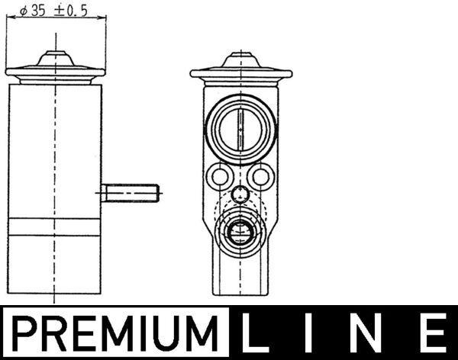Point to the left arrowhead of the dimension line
click(x=9, y=21)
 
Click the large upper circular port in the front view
click(x=240, y=125)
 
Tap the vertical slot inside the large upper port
click(x=240, y=125)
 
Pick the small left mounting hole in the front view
click(x=220, y=178)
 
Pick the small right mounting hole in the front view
click(x=262, y=178)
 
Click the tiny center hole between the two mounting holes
click(x=240, y=193)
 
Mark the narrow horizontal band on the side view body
click(x=55, y=227)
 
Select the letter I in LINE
click(x=314, y=334)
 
